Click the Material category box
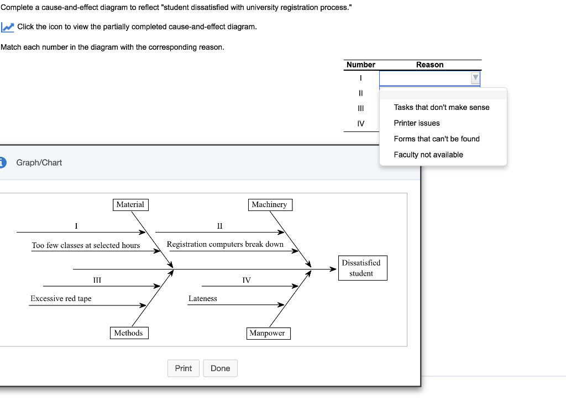coord(130,205)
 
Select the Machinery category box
coord(269,205)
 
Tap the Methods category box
coord(128,333)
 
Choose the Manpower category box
coord(267,333)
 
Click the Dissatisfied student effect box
coord(361,268)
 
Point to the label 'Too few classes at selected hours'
coord(86,245)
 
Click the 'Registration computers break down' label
coord(225,244)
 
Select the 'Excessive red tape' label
coord(61,299)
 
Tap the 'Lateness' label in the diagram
coord(203,299)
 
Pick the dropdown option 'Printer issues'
coord(417,123)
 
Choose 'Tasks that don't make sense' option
coord(442,107)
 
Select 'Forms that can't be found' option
coord(437,139)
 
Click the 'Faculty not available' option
coord(428,155)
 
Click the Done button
coord(220,368)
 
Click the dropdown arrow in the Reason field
coord(475,78)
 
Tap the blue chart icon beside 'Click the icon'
coord(7,27)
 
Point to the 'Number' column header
coord(361,65)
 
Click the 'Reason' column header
coord(429,65)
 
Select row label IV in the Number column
coord(361,123)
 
